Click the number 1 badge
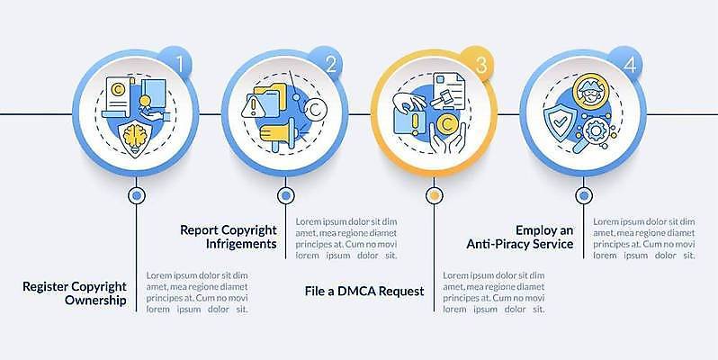(177, 64)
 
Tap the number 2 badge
(329, 64)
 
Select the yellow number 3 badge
(479, 64)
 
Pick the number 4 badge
(628, 64)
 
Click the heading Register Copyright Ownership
(74, 293)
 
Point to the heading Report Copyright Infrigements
(229, 237)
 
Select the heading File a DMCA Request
(364, 292)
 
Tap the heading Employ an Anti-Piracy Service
(520, 237)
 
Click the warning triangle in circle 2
(254, 106)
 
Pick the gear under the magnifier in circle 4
(596, 131)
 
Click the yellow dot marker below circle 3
(434, 196)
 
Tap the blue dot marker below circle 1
(136, 196)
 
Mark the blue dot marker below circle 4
(583, 196)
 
